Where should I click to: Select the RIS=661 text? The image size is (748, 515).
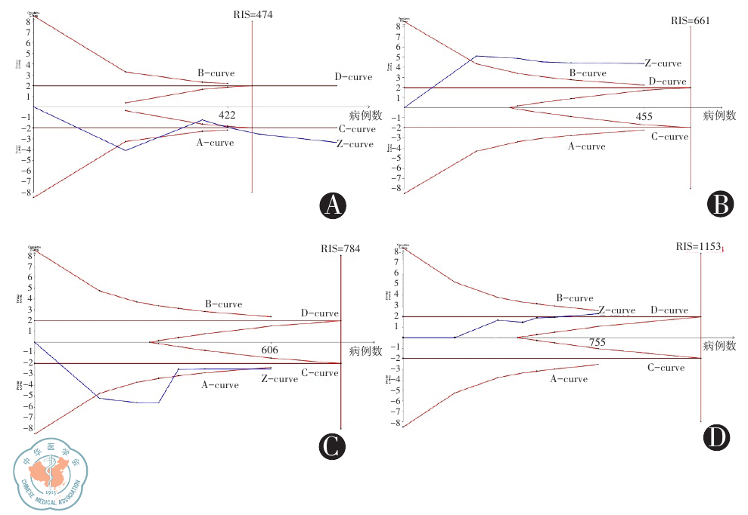point(690,20)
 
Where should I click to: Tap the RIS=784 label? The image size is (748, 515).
point(341,248)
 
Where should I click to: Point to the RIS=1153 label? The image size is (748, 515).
point(700,247)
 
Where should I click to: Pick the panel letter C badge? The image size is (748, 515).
point(331,446)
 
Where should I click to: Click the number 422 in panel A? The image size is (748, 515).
point(228,116)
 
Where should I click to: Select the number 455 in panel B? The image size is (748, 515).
point(644,117)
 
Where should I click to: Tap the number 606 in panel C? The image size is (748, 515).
point(271,350)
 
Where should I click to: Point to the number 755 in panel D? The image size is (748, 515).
point(597,343)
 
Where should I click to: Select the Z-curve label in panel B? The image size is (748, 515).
point(663,63)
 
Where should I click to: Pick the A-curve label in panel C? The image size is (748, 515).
point(220,385)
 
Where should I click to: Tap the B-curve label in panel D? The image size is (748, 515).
point(575,298)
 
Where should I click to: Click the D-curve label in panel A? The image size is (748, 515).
point(353,77)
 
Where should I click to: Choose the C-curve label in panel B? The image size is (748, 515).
point(669,137)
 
